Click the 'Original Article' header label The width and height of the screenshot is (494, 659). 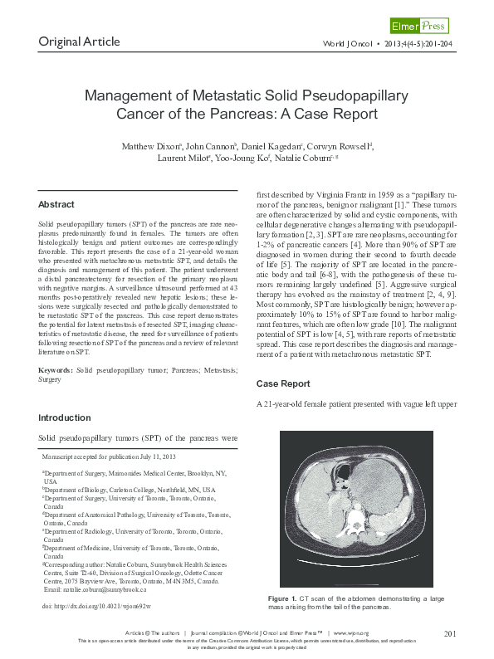[x=79, y=41]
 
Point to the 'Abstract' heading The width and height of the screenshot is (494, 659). [x=56, y=204]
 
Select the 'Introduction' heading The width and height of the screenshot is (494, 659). [x=65, y=417]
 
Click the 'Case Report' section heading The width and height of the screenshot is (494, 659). [x=283, y=384]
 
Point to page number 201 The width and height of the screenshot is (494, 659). [x=452, y=634]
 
